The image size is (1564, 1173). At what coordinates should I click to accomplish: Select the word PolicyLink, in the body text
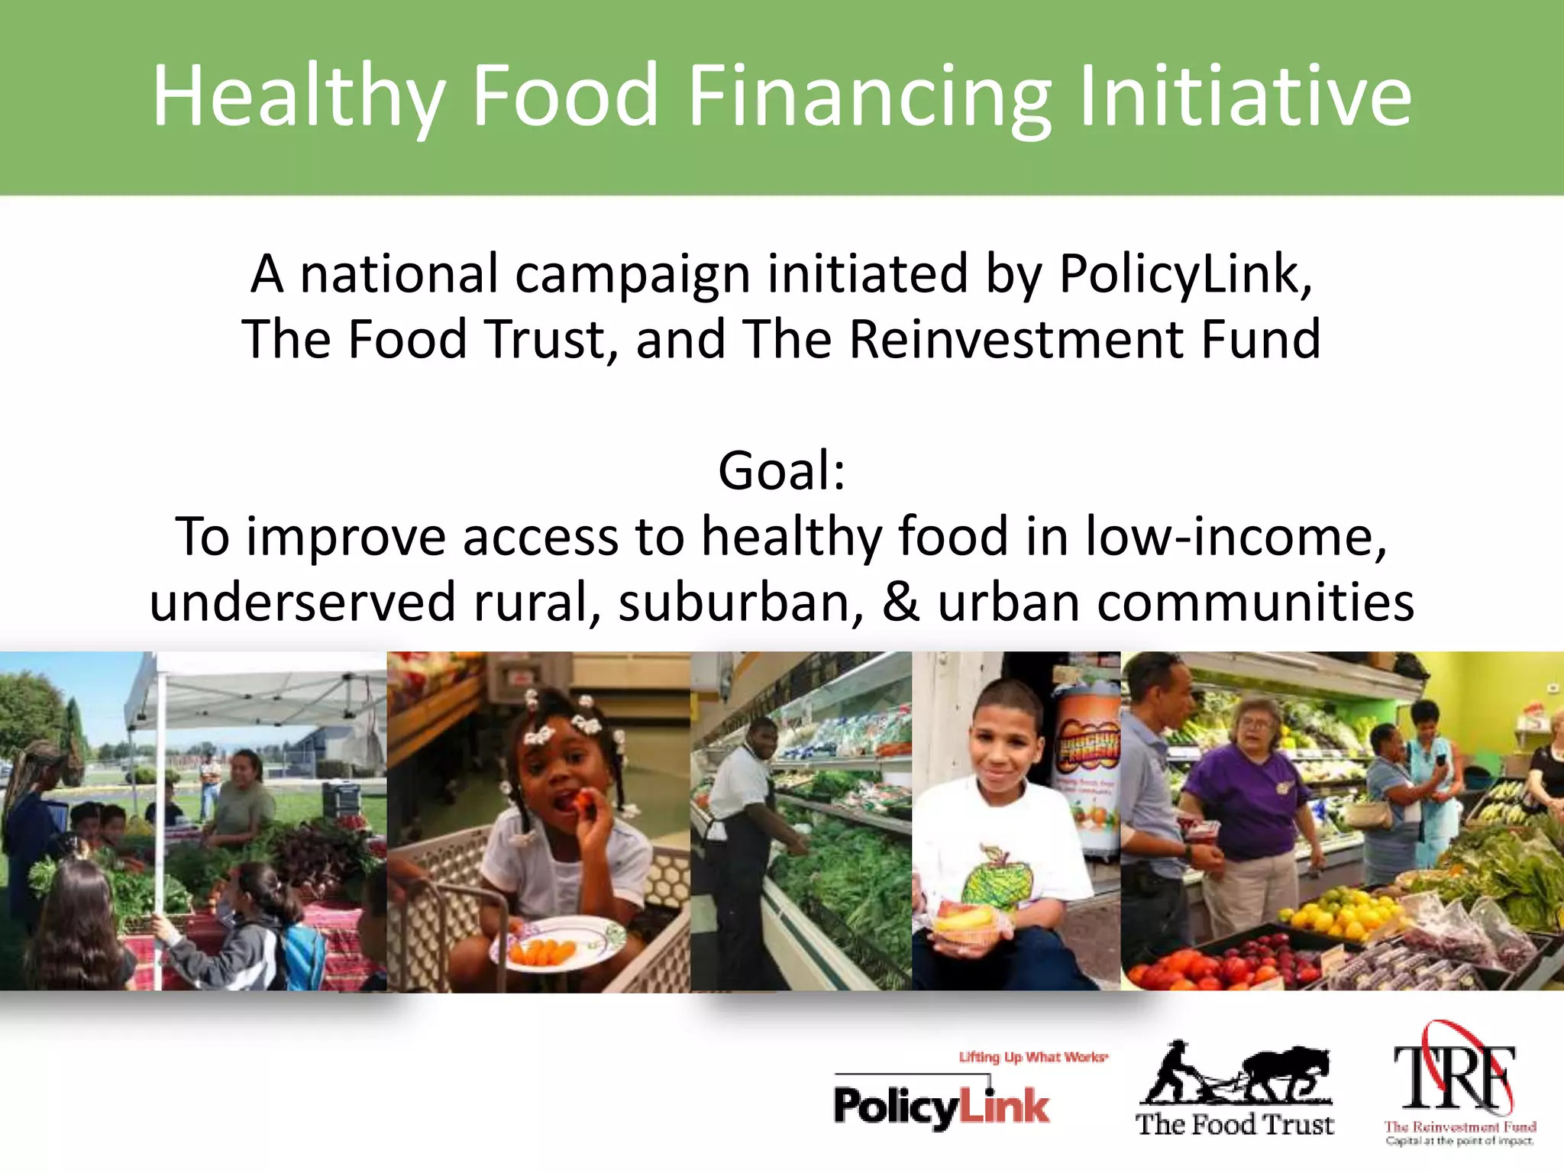[x=1185, y=273]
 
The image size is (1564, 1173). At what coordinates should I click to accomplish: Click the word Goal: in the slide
[x=781, y=470]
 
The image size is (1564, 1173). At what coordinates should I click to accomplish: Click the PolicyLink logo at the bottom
[x=941, y=1106]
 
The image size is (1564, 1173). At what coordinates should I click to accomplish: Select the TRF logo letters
[x=1455, y=1077]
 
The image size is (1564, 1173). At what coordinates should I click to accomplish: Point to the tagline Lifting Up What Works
[x=1032, y=1057]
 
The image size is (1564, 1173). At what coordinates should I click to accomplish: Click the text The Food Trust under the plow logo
[x=1234, y=1124]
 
